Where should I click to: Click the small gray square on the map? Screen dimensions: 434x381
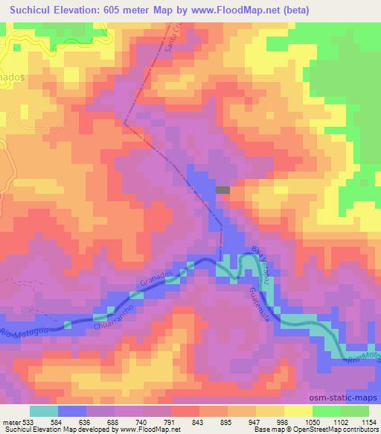222,190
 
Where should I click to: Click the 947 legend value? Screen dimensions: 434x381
253,421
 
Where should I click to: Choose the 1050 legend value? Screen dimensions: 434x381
310,421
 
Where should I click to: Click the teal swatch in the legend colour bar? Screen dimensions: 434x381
44,411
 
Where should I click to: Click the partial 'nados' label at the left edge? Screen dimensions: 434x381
13,76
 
